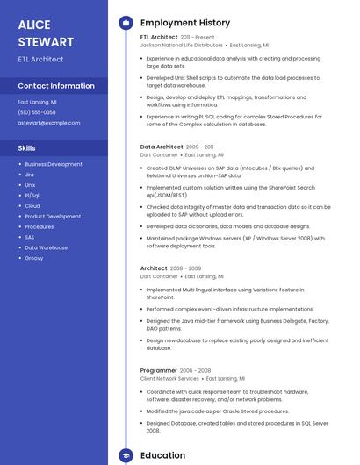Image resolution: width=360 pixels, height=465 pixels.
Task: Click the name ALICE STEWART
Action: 47,33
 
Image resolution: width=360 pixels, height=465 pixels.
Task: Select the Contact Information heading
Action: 56,86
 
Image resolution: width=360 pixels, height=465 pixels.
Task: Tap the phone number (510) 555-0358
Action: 37,112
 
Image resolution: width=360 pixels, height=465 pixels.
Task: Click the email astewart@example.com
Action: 48,123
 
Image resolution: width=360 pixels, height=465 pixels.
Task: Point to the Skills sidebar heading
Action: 27,148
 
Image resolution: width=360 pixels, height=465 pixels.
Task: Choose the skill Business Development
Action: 54,164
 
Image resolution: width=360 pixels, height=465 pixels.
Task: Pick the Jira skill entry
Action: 29,175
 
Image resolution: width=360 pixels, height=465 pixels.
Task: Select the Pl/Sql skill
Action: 32,196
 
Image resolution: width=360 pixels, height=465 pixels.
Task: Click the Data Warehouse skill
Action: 46,247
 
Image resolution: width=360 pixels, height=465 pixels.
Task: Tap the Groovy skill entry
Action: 34,258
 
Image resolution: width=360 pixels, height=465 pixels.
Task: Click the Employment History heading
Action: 185,23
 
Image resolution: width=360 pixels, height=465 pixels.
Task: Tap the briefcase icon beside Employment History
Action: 126,23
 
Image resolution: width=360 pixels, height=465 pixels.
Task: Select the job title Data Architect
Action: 162,147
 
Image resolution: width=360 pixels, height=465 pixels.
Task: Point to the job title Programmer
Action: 159,370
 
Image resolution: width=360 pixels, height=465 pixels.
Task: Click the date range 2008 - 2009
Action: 185,268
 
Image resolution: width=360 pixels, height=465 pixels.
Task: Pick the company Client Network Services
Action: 169,378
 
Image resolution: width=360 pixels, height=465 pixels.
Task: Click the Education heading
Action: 162,455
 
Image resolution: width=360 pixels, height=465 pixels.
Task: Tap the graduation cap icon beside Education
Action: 126,456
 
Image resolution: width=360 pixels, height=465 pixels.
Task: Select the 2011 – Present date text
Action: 198,38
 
